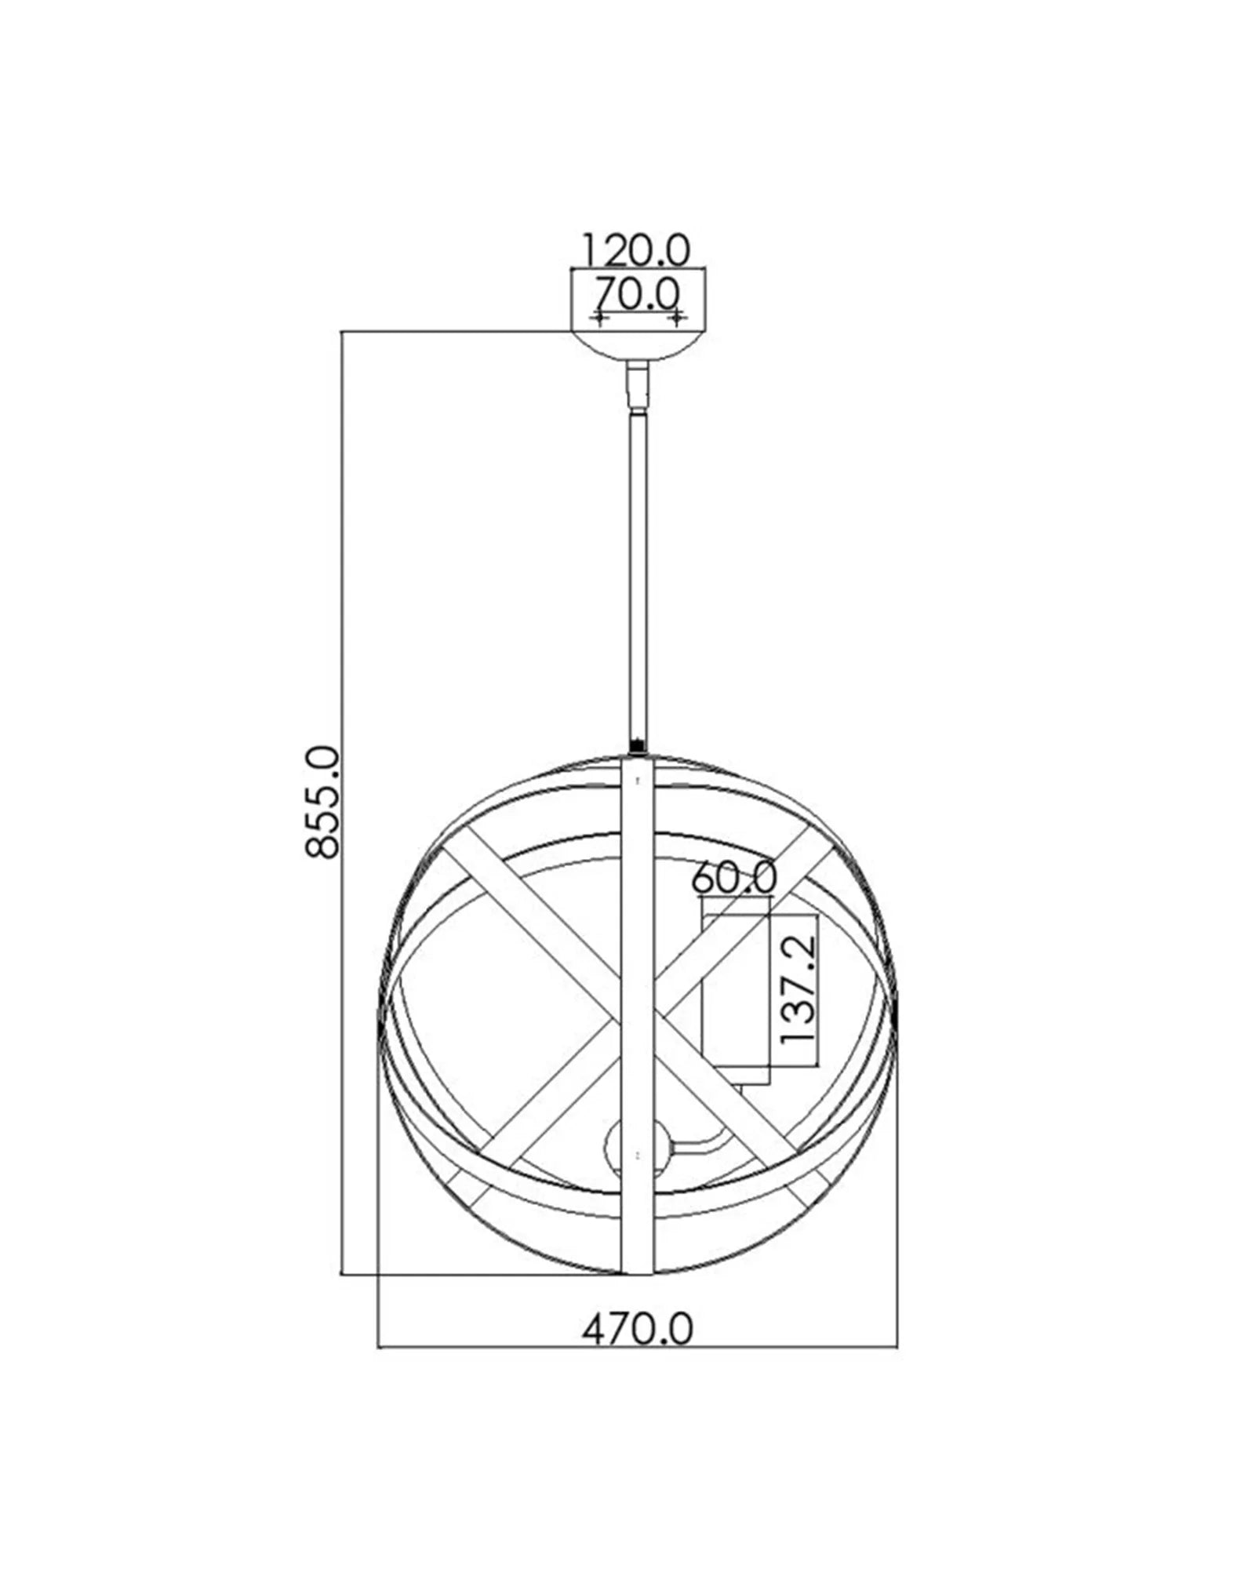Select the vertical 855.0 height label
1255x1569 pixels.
click(322, 802)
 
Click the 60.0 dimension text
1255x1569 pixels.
click(734, 877)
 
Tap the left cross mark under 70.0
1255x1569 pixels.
click(600, 318)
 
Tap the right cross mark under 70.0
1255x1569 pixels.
click(675, 318)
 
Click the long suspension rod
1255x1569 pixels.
click(637, 573)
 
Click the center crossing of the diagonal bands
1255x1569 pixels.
click(637, 1012)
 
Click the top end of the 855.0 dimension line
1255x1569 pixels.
click(342, 333)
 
